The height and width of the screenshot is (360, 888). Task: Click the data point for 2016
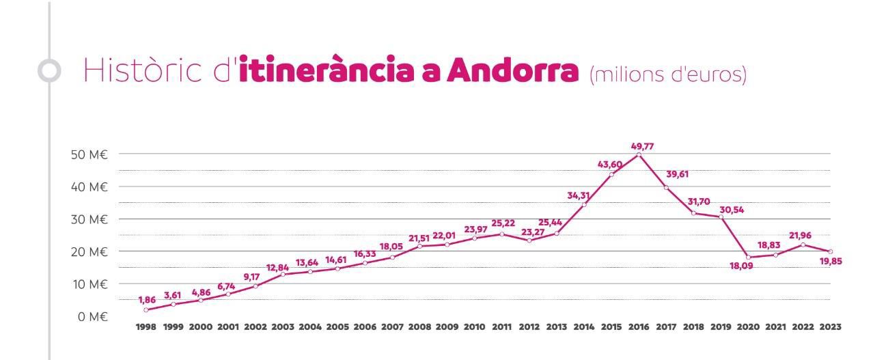[x=639, y=154]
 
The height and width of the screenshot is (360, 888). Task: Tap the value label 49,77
[x=639, y=146]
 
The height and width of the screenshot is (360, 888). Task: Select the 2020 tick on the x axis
[x=748, y=327]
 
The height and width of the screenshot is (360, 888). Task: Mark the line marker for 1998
[x=145, y=309]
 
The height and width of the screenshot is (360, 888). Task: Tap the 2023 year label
[x=830, y=327]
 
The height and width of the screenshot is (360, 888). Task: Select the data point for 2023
[x=830, y=251]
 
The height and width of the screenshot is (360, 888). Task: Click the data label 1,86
[x=146, y=300]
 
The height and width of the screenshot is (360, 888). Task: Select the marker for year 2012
[x=529, y=240]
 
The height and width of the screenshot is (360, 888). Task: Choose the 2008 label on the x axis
[x=419, y=327]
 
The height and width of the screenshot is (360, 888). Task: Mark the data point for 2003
[x=283, y=275]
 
